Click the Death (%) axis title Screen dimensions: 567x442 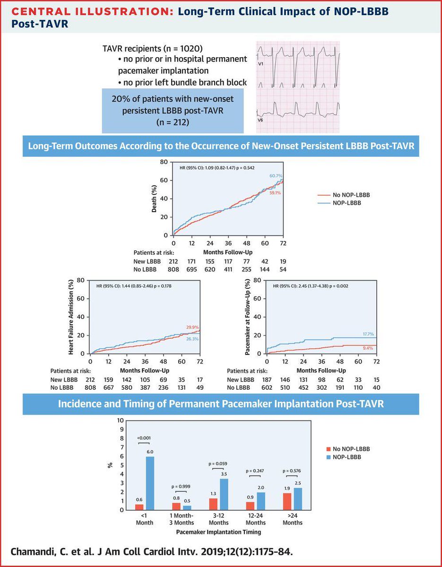[154, 198]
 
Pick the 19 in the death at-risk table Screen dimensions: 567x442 [283, 261]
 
